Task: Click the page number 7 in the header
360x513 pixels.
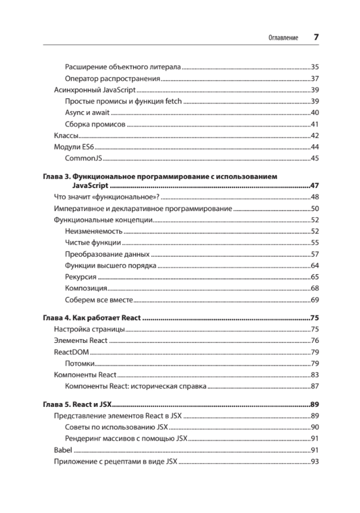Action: click(x=316, y=37)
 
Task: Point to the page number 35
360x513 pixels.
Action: click(x=315, y=67)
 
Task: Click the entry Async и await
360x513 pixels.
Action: click(x=87, y=113)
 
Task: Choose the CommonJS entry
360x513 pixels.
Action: click(x=83, y=158)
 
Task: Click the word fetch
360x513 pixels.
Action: click(x=173, y=101)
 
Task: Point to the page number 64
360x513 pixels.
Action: click(x=315, y=265)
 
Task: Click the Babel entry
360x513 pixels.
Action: click(x=63, y=450)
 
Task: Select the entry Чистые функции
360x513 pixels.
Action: click(x=93, y=243)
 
